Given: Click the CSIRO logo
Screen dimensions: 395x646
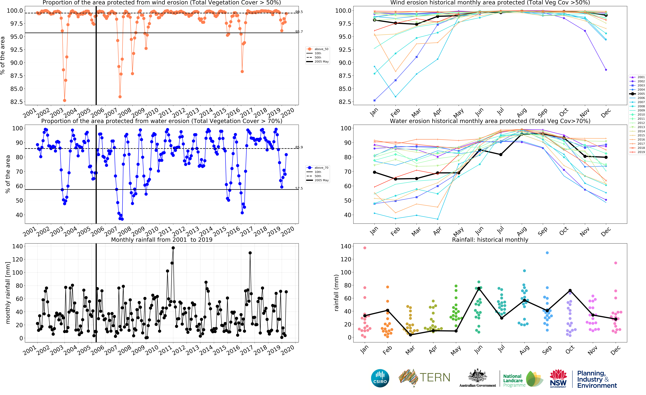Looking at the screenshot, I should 380,378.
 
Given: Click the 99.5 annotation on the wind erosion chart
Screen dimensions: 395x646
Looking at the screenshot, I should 299,12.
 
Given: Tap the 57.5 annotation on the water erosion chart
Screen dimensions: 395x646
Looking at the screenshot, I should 299,188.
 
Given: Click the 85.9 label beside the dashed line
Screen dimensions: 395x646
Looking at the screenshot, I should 299,147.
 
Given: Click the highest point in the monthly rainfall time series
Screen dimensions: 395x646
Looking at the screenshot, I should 173,248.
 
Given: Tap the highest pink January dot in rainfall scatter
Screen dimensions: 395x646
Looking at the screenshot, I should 365,248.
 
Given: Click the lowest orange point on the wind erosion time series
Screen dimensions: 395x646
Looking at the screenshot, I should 65,100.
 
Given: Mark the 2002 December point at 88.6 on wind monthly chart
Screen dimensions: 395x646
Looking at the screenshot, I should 606,70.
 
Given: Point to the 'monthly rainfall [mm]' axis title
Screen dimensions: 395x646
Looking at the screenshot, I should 8,293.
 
